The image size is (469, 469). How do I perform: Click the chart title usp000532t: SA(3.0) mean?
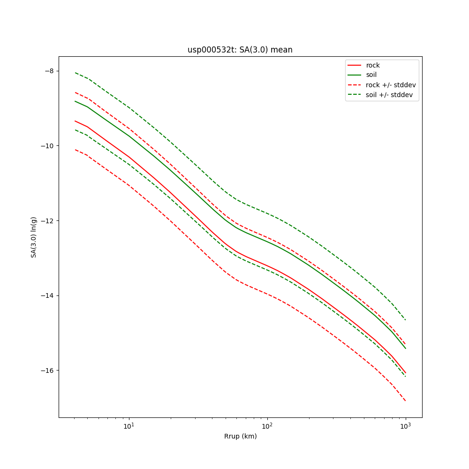(240, 50)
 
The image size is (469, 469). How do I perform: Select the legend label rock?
(373, 65)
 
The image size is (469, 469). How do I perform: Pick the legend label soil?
(371, 75)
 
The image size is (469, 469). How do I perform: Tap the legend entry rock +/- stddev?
(391, 85)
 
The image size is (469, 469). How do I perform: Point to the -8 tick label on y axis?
(49, 71)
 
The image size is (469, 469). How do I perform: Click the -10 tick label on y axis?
(47, 146)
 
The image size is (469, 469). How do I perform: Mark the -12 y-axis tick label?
(47, 221)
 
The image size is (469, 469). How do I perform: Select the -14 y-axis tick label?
(47, 295)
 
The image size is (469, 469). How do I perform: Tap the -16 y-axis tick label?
(47, 371)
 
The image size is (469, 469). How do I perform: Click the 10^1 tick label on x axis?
(129, 426)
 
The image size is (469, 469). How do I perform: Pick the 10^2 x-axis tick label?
(267, 426)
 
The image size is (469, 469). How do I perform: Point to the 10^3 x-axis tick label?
(405, 426)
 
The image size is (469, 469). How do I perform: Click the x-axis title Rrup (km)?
(240, 437)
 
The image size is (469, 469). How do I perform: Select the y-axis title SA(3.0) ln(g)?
(34, 237)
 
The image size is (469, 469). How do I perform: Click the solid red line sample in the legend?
(355, 65)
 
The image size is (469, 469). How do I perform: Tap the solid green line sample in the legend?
(355, 75)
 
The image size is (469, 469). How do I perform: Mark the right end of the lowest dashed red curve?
(405, 401)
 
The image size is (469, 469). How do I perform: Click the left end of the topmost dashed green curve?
(75, 73)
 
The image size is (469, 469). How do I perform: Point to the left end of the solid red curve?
(75, 121)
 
